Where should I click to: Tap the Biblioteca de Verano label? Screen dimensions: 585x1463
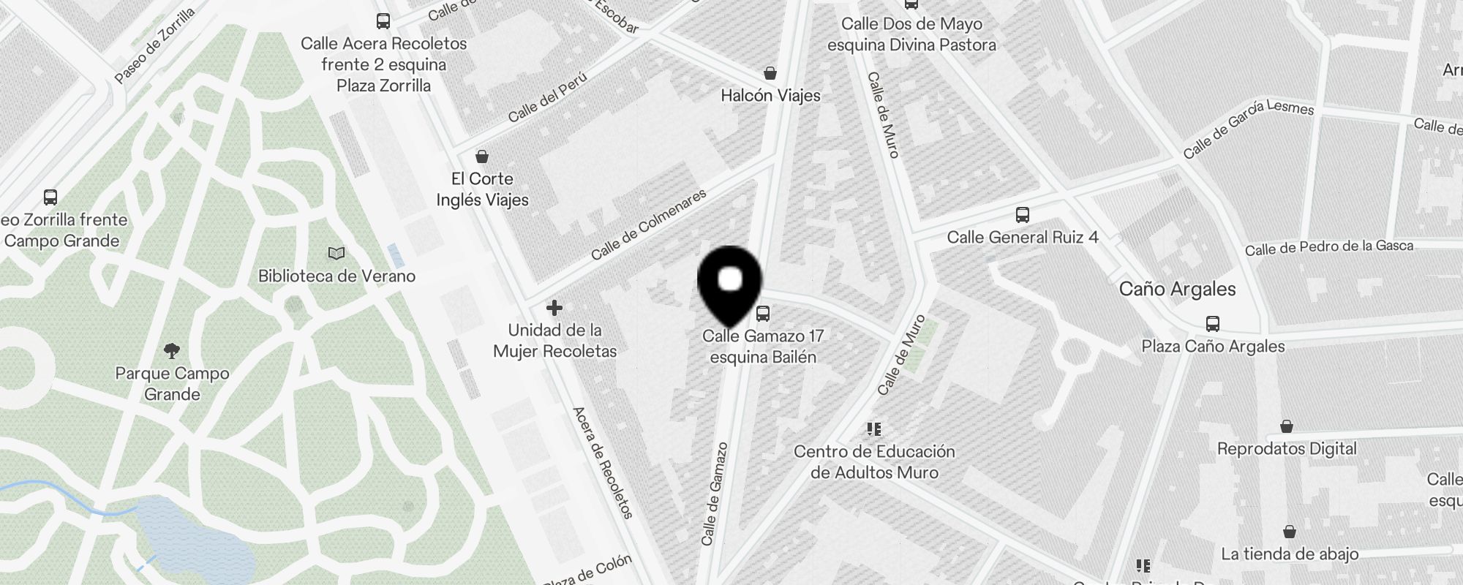click(x=336, y=276)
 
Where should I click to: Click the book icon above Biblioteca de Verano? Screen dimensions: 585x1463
click(x=336, y=254)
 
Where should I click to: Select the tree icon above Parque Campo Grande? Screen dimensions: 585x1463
click(x=172, y=350)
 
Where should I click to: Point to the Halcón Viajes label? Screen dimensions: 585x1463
click(x=770, y=96)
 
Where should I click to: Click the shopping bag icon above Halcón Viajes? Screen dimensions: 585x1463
click(x=770, y=73)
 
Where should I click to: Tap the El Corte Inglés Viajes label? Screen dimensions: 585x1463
click(x=482, y=189)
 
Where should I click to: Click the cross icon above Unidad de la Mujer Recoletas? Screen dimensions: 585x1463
click(x=554, y=308)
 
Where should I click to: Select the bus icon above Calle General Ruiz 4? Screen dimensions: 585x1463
click(x=1023, y=215)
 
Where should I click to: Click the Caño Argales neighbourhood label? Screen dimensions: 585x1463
click(x=1177, y=289)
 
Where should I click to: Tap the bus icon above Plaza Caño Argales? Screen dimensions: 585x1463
click(x=1213, y=324)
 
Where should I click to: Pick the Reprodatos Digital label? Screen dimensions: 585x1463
click(x=1287, y=449)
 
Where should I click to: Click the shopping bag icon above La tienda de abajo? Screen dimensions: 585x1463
click(x=1290, y=532)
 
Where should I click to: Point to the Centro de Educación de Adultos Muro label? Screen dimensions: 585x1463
click(x=874, y=462)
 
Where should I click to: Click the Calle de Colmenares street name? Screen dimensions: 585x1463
click(x=649, y=224)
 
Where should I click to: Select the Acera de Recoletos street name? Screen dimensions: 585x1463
click(x=602, y=462)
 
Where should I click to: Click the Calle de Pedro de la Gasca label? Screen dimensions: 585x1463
click(x=1329, y=248)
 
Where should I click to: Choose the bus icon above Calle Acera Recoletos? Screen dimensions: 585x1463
click(x=383, y=20)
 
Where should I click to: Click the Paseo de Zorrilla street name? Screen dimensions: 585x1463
click(x=155, y=45)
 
